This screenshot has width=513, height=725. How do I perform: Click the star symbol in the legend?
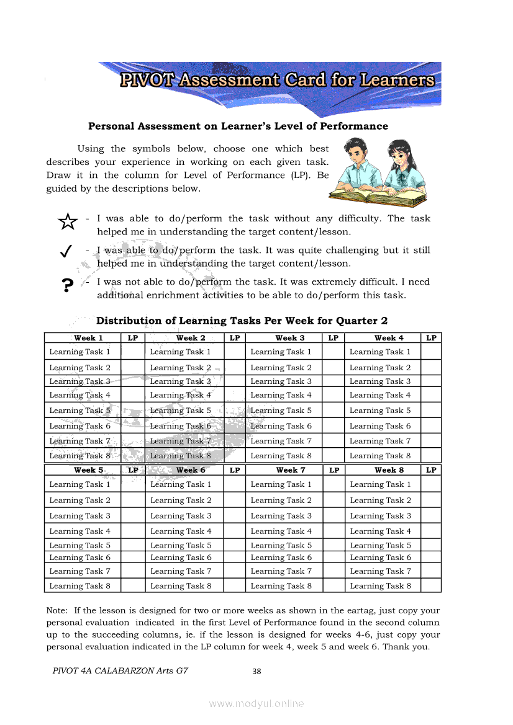point(67,221)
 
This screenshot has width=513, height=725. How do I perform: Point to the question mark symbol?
point(68,285)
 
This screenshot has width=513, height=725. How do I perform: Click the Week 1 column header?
point(88,338)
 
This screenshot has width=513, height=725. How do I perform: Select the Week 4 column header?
point(389,338)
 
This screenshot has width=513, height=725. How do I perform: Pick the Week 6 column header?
point(191,470)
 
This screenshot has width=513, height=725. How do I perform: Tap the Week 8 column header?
point(389,470)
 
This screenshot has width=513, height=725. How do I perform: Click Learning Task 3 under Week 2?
point(180,381)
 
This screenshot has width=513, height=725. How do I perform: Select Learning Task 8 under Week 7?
point(281,585)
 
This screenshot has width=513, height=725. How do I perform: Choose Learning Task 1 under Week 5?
point(79,484)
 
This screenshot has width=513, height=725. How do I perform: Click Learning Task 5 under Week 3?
point(281,411)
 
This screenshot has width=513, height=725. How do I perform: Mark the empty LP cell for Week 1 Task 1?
point(132,352)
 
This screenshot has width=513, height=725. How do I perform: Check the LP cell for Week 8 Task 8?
point(431,585)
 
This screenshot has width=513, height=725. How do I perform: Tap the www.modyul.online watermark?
point(256,703)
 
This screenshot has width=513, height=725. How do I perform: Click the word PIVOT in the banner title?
point(148,80)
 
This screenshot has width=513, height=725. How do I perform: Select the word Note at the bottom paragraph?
point(57,610)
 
